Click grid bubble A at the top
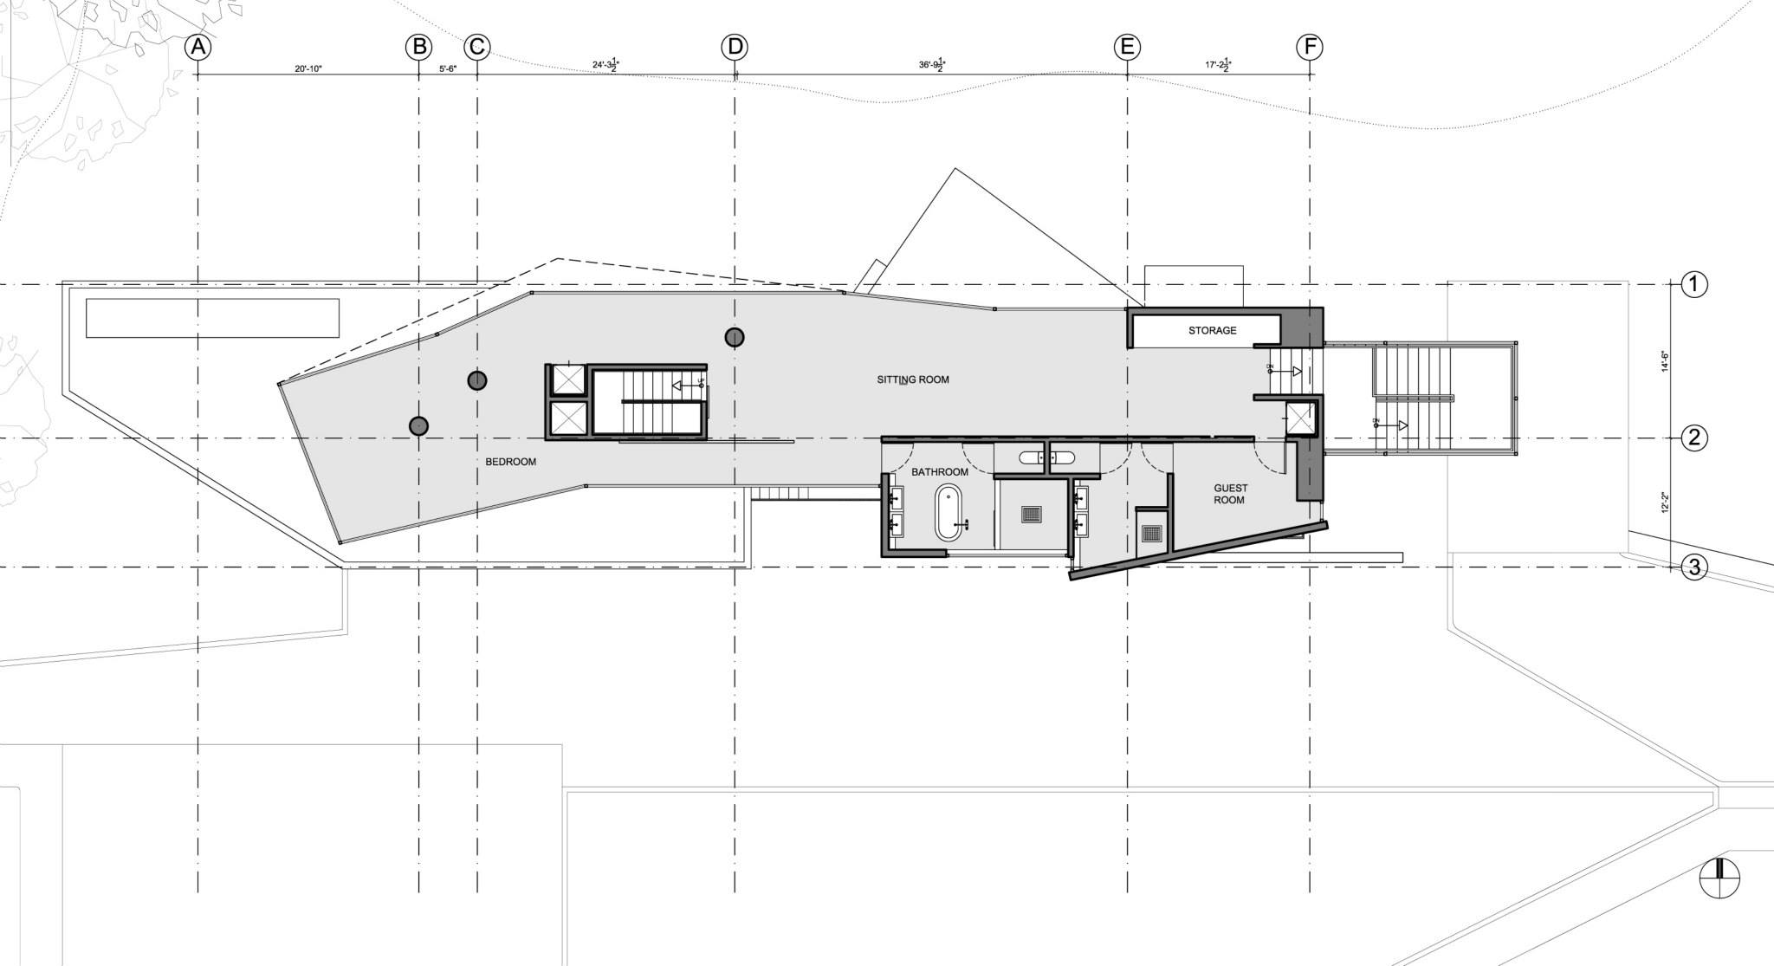(x=198, y=47)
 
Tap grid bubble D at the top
(x=735, y=47)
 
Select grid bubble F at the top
(x=1309, y=47)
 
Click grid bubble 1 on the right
(x=1693, y=283)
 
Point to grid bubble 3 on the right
(x=1693, y=567)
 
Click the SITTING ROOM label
(x=912, y=379)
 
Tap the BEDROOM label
(x=510, y=462)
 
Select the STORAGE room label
(x=1212, y=330)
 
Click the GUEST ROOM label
(x=1229, y=494)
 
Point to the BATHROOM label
(x=939, y=471)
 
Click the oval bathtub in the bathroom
(x=948, y=513)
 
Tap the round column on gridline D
(x=735, y=337)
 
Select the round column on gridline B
(x=418, y=425)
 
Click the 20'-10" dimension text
(x=308, y=68)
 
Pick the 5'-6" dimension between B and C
(x=448, y=68)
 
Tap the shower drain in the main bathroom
(x=1031, y=514)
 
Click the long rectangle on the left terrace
(x=212, y=318)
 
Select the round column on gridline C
(x=476, y=379)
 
